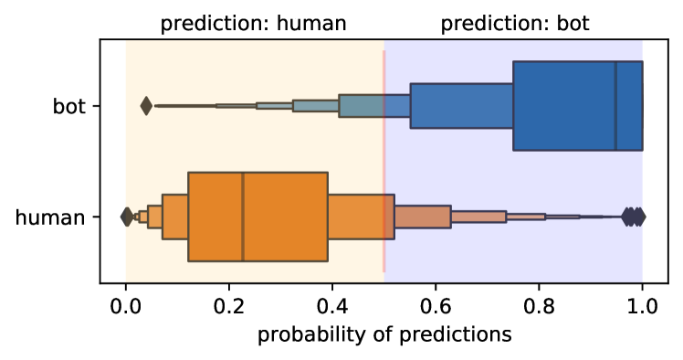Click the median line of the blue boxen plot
[615, 106]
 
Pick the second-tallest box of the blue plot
[461, 106]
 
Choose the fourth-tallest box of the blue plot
[315, 106]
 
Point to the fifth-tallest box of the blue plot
[274, 106]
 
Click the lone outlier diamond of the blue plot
[146, 106]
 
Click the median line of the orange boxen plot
[243, 217]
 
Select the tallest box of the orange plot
[283, 217]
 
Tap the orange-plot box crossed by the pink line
[361, 217]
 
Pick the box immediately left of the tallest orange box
[175, 217]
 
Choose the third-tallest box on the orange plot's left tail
[155, 217]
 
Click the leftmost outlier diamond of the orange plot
[127, 217]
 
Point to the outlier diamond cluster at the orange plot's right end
[634, 217]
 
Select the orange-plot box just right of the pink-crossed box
[422, 217]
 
